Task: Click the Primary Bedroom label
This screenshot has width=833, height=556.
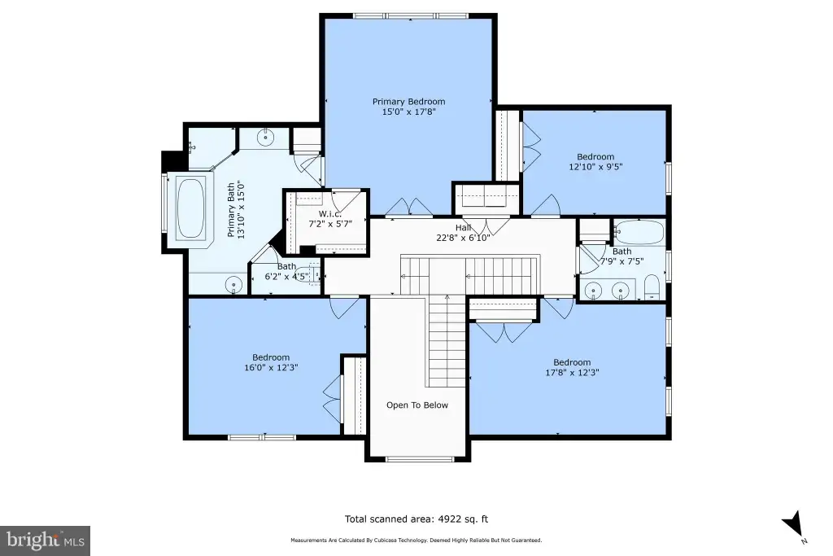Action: [x=408, y=102]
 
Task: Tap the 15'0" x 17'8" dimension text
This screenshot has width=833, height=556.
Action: [x=408, y=112]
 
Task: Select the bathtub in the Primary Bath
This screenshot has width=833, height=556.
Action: [x=190, y=208]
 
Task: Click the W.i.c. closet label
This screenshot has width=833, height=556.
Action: [x=330, y=213]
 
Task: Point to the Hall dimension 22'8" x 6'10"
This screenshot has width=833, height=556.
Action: [x=463, y=238]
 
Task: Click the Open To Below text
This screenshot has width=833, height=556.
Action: [x=417, y=405]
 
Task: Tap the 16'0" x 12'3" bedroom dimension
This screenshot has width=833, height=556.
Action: [x=271, y=367]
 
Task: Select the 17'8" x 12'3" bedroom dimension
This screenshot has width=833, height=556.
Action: [x=572, y=373]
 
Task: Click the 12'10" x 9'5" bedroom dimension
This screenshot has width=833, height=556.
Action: [x=595, y=166]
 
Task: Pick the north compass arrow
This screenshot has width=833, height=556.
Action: [x=795, y=524]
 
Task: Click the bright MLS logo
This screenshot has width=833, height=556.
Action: [x=46, y=541]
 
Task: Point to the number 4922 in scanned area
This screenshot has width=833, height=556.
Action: [x=449, y=519]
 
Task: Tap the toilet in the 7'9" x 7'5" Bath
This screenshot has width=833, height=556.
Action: [x=652, y=287]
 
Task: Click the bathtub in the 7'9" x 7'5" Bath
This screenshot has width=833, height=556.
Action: [x=639, y=232]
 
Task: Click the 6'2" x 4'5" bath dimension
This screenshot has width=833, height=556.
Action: [x=286, y=277]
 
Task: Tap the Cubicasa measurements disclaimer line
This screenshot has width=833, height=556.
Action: [x=416, y=540]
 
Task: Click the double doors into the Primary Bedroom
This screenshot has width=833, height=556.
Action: [x=409, y=208]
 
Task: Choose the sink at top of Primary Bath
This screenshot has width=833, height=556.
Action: [x=265, y=137]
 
